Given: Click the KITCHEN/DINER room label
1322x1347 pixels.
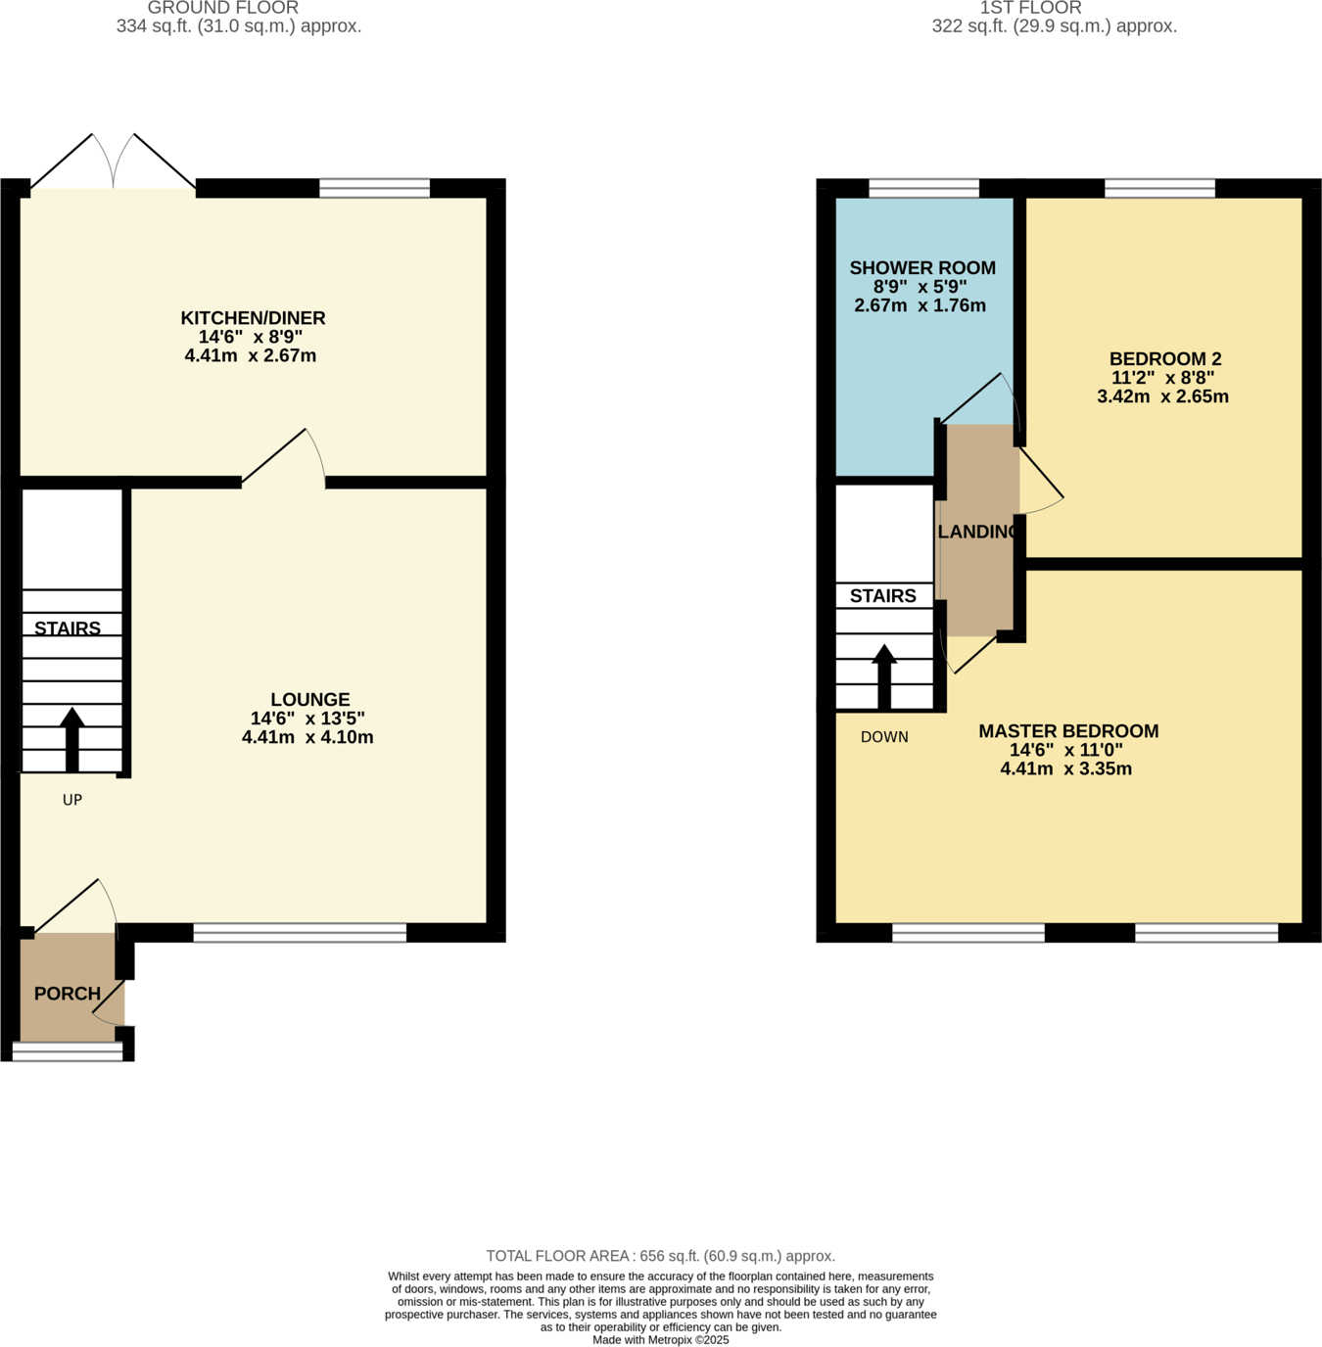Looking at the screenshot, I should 253,318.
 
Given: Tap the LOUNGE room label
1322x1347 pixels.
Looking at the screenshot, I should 309,699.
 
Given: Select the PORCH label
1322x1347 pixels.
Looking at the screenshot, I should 68,994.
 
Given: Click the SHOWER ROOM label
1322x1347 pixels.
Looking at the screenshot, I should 921,268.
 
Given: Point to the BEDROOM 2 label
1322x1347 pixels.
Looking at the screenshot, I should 1164,359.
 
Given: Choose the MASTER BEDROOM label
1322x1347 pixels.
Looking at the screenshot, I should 1068,731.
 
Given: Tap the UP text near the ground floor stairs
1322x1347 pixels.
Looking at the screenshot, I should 71,800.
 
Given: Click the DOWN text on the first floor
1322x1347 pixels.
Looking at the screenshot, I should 884,737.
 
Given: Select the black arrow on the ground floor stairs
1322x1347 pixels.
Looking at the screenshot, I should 71,739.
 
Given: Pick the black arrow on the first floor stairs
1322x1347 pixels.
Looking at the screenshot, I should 884,675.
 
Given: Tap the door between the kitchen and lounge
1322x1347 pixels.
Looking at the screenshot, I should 284,460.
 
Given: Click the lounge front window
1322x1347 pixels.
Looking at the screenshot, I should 300,933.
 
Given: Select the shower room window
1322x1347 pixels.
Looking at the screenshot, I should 923,188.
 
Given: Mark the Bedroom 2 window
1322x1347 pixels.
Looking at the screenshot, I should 1159,188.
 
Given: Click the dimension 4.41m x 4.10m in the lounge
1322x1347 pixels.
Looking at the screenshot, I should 307,737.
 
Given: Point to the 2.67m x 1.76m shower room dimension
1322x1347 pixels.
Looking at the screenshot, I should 920,305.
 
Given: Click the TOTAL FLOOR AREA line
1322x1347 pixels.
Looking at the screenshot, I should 660,1256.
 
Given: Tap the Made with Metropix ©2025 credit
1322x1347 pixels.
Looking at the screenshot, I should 660,1339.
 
